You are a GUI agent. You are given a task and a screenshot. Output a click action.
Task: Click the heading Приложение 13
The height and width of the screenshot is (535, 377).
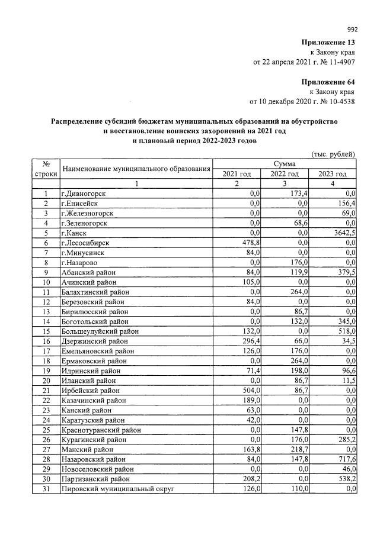click(328, 43)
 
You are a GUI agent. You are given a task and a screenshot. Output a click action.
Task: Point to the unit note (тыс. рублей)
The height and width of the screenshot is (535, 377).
click(333, 154)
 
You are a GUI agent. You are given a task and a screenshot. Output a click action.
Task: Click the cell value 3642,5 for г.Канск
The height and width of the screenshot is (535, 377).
click(343, 233)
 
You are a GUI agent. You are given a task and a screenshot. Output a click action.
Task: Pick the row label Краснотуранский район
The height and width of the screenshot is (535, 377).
click(97, 430)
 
